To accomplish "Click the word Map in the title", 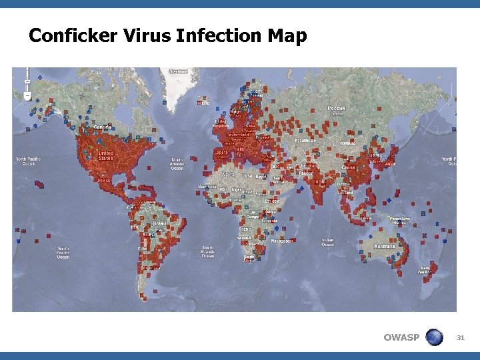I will pyautogui.click(x=288, y=35).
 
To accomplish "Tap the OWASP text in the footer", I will pyautogui.click(x=401, y=337).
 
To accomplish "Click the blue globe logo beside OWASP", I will pyautogui.click(x=434, y=337).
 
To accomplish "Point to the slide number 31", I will pyautogui.click(x=460, y=338).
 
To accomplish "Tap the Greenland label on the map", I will pyautogui.click(x=178, y=71).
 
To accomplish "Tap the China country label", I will pyautogui.click(x=348, y=168).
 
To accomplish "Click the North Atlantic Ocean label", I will pyautogui.click(x=177, y=163).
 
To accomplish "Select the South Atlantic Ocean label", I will pyautogui.click(x=208, y=251).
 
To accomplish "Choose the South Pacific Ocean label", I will pyautogui.click(x=63, y=252).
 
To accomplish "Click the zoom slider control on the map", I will pyautogui.click(x=27, y=83).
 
